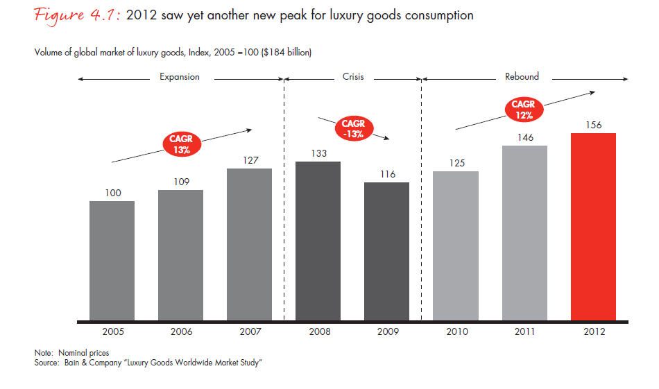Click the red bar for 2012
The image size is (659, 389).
coord(593,227)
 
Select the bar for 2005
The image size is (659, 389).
coord(112,261)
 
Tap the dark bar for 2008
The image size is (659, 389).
coord(318,241)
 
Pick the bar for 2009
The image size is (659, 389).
coord(386,251)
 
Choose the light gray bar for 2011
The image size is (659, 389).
coord(524,233)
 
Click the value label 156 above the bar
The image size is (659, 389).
coord(593,126)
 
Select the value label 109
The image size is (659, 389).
coord(180,182)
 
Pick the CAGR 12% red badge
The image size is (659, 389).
coord(523,110)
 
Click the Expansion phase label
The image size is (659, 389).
coord(180,77)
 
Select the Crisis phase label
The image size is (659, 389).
coord(353,77)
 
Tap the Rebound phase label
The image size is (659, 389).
coord(522,77)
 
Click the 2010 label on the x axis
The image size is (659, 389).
coord(456,332)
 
